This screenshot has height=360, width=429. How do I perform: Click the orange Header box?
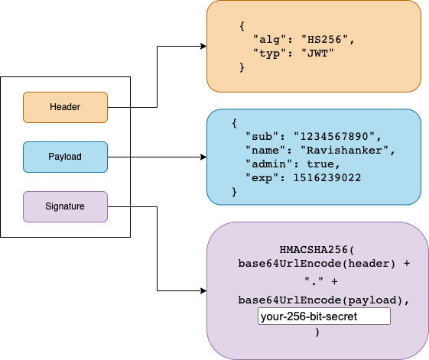tap(66, 107)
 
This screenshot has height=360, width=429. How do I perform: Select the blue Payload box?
tap(66, 157)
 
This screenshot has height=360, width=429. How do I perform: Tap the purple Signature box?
tap(66, 206)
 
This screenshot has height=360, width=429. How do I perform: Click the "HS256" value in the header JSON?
tap(324, 40)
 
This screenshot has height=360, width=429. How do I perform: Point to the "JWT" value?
tap(317, 54)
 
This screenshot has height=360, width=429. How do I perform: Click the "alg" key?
tap(269, 40)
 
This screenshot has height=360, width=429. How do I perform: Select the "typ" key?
tap(269, 54)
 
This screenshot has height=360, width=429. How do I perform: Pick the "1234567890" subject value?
tap(334, 136)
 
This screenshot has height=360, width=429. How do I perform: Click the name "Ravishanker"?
tap(344, 150)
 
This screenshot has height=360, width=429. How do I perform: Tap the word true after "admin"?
tap(320, 164)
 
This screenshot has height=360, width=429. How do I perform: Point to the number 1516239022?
tap(327, 178)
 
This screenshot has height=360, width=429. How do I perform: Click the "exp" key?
tap(262, 178)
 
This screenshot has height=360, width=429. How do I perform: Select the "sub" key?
tap(262, 136)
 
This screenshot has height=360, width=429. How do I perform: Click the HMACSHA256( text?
tap(317, 250)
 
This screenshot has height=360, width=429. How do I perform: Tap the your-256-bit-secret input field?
tap(324, 316)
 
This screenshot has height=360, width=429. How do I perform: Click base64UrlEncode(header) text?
tap(317, 264)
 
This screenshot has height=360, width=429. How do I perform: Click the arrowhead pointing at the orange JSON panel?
tap(203, 46)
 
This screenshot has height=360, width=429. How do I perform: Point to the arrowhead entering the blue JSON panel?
tap(203, 157)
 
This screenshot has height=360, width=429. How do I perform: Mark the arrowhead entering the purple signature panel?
tap(203, 290)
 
